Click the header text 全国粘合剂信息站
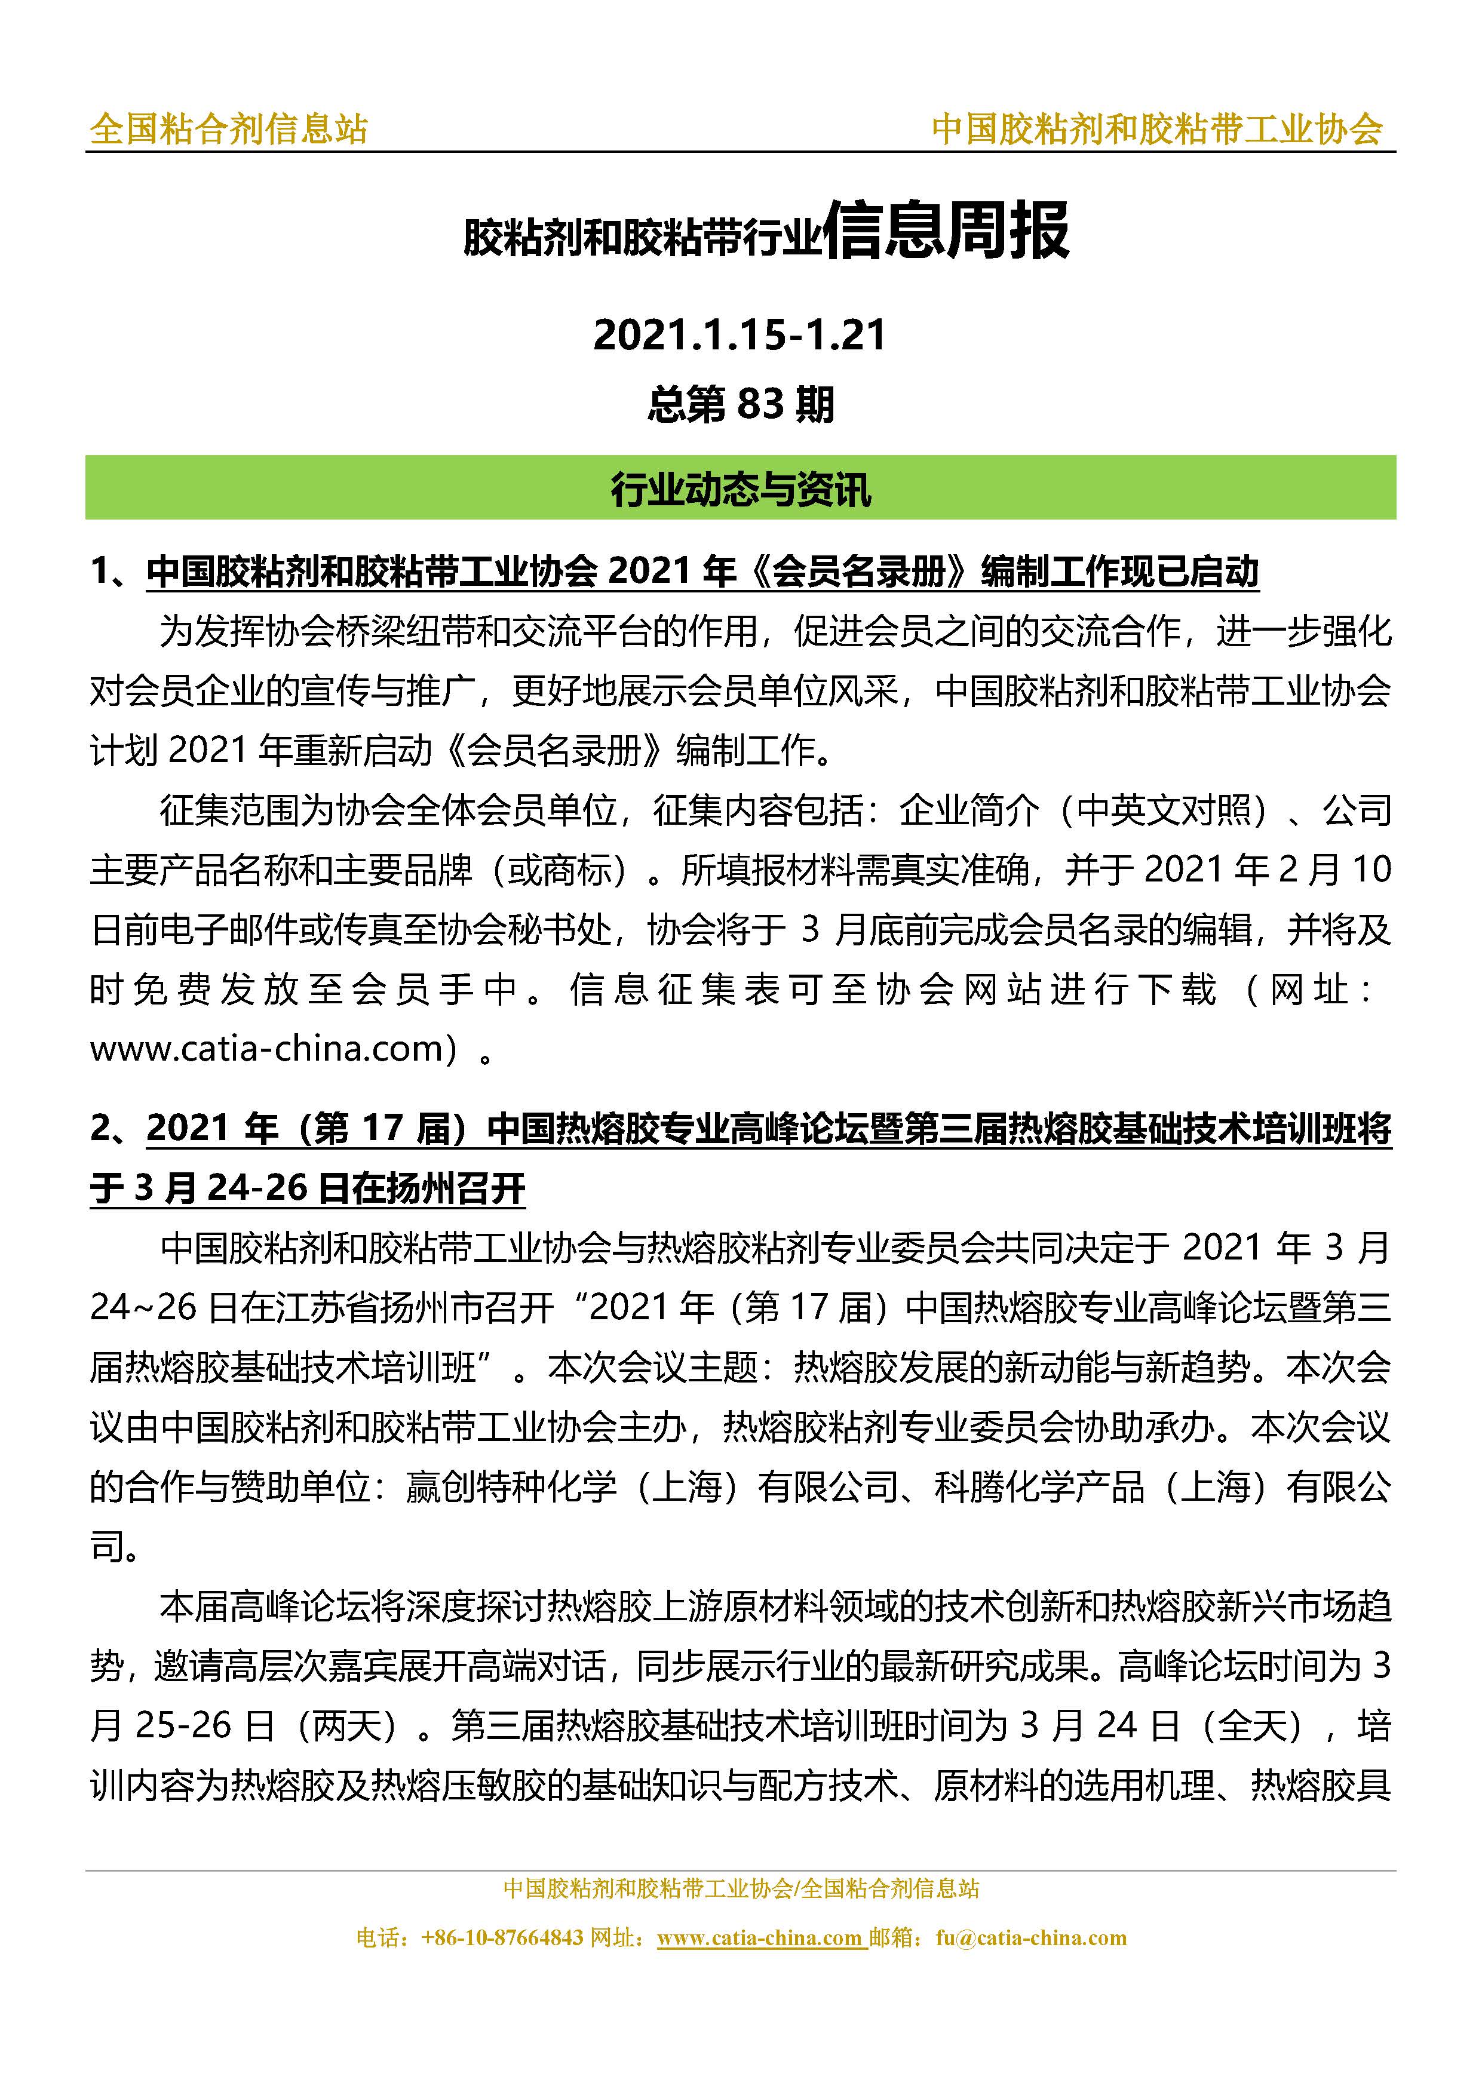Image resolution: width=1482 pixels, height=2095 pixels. tap(229, 128)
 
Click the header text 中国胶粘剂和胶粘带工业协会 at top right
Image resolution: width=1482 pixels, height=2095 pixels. tap(1157, 128)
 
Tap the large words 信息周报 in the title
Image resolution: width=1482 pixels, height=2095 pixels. tap(946, 232)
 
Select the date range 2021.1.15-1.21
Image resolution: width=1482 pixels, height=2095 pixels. tap(739, 335)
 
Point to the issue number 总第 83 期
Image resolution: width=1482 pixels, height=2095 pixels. tap(740, 403)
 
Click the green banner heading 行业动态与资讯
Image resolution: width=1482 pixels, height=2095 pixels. tap(740, 490)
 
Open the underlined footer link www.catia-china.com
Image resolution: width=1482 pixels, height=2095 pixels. tap(759, 1938)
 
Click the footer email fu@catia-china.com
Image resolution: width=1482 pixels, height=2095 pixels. tap(1031, 1938)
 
